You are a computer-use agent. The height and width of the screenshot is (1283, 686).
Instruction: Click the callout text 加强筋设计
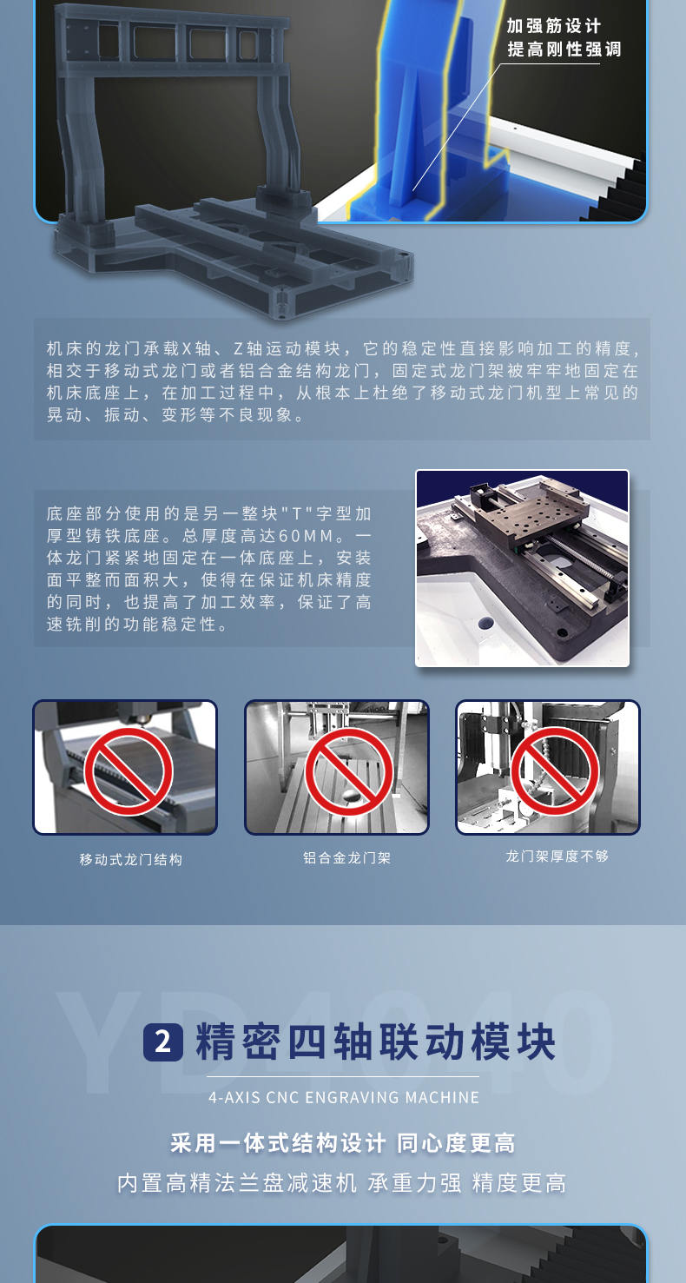point(553,26)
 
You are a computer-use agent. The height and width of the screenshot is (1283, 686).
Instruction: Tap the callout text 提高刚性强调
point(564,50)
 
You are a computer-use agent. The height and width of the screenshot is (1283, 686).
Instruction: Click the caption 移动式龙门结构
point(131,859)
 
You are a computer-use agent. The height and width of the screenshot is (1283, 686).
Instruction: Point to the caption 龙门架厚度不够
point(557,856)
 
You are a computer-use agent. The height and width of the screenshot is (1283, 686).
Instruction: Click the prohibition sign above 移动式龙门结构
point(129,771)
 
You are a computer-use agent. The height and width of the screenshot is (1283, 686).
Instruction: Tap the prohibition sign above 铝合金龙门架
point(348,771)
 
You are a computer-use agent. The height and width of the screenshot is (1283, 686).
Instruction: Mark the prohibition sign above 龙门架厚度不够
point(554,771)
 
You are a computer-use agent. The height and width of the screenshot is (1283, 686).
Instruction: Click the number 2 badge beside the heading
point(162,1042)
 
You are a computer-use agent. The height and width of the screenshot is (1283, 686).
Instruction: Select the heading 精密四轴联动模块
point(375,1042)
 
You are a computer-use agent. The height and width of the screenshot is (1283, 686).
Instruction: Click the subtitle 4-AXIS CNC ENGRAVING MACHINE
point(344,1097)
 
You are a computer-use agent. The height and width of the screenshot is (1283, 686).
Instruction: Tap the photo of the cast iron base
point(522,568)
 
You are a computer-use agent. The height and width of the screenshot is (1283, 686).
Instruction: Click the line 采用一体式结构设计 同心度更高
point(343,1143)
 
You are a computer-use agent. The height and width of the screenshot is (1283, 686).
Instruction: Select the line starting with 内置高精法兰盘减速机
point(343,1182)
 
